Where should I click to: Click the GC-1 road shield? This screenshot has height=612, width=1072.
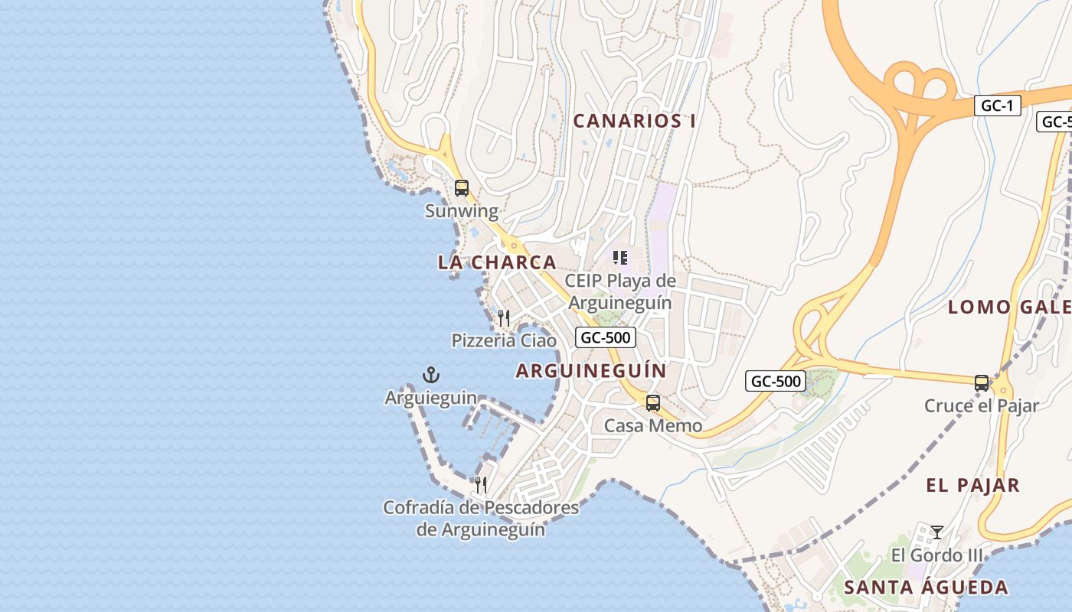[998, 106]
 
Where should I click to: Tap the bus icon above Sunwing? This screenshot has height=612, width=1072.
[461, 187]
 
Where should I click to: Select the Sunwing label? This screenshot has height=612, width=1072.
[461, 211]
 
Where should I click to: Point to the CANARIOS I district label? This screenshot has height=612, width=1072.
[635, 121]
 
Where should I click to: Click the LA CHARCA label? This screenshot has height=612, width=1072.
[497, 262]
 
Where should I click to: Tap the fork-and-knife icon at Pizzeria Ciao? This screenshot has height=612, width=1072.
[504, 317]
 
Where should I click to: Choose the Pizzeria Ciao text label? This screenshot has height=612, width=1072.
[504, 340]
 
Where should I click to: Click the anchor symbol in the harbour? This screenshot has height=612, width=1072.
[431, 375]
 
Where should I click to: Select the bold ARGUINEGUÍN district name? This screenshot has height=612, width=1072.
[590, 371]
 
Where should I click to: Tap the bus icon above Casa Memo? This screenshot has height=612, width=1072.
[653, 402]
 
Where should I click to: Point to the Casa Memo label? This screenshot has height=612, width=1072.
[653, 425]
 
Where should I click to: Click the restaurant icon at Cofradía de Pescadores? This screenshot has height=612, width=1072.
[481, 484]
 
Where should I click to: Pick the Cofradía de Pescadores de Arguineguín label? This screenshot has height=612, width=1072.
[481, 518]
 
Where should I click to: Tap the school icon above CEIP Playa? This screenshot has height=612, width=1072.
[620, 258]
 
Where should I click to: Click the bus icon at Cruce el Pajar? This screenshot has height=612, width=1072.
[982, 382]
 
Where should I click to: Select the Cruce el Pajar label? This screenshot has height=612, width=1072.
[982, 405]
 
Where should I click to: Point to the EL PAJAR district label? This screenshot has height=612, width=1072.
[972, 485]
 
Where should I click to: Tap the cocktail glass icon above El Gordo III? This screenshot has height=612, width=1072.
[936, 532]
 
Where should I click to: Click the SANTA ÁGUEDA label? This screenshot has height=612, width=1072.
[926, 588]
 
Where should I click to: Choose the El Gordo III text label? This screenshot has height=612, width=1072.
[936, 555]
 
